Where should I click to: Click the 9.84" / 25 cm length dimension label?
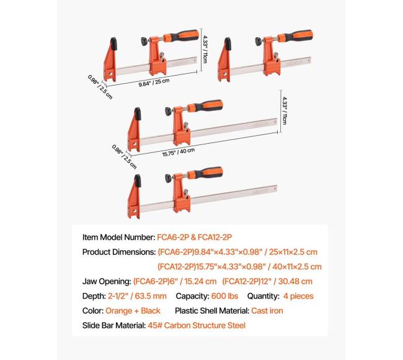154,82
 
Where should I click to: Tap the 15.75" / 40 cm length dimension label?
178,152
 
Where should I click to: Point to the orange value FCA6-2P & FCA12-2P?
194,237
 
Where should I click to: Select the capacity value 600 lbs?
224,296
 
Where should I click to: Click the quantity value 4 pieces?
298,296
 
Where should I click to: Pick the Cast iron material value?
267,310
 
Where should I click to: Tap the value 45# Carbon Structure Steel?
197,325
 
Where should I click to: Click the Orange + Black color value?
133,310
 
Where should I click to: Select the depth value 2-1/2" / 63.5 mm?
137,296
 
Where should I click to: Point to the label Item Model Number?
119,237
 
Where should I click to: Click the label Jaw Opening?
107,281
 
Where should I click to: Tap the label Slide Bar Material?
114,325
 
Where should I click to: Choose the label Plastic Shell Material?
212,310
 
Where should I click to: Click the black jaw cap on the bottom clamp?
137,180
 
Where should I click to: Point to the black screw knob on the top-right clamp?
259,42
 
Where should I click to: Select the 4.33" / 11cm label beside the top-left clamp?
205,50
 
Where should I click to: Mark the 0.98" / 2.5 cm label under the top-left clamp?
100,87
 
